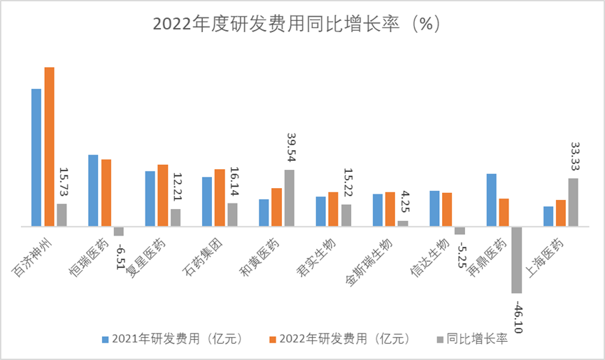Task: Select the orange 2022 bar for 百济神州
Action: click(x=49, y=147)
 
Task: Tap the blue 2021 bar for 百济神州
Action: click(x=36, y=157)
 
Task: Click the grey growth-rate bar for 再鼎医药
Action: click(x=517, y=259)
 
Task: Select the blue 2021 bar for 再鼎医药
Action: click(x=492, y=200)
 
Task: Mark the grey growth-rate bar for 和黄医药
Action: click(x=290, y=198)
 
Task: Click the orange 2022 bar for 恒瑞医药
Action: click(x=106, y=193)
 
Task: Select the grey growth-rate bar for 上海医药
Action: click(x=574, y=202)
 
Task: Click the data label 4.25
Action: click(x=404, y=202)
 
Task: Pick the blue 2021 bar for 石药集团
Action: click(x=207, y=201)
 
